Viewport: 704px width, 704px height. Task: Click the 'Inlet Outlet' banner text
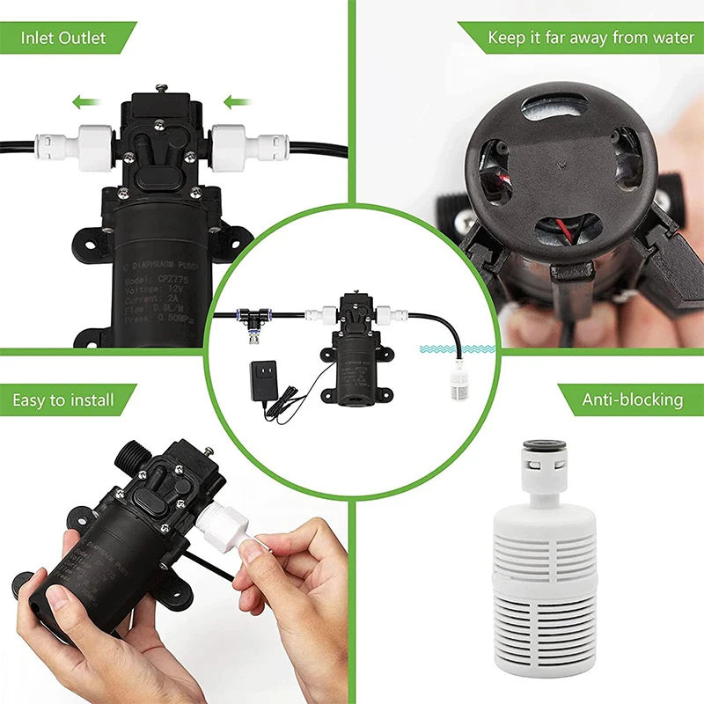click(x=63, y=38)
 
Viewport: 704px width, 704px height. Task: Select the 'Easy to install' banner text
click(x=63, y=400)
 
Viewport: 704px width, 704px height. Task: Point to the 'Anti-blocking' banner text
click(x=632, y=400)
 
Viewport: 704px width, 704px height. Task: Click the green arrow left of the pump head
click(x=85, y=103)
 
